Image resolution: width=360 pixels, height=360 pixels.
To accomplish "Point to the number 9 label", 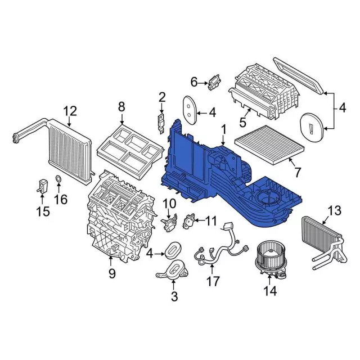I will click(x=111, y=274).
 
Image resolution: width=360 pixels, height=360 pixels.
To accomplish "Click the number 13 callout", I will click(x=334, y=210).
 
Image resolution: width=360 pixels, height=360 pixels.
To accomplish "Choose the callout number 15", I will click(x=43, y=211).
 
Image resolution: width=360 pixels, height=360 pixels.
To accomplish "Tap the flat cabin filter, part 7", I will click(x=269, y=145).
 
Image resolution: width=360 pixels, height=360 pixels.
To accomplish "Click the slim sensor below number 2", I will click(x=161, y=121).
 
